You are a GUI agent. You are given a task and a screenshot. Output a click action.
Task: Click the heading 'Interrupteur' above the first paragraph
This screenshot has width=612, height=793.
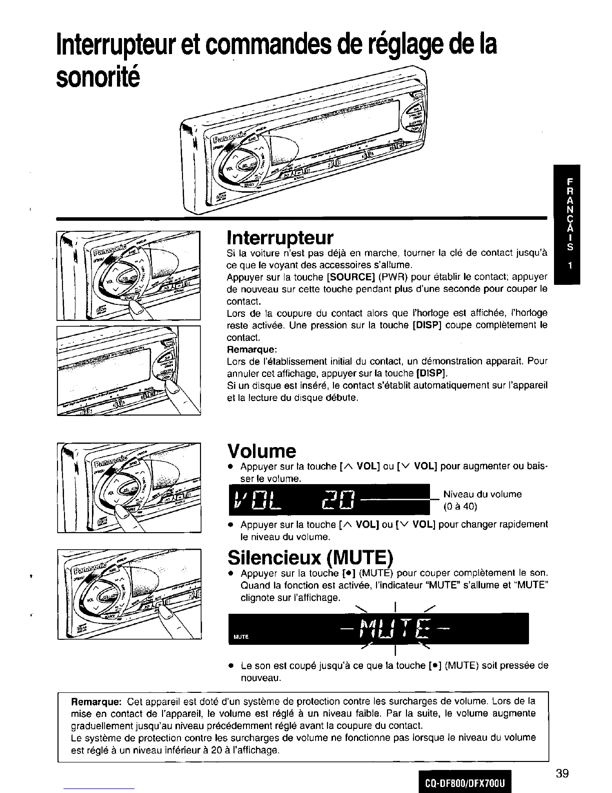coord(280,237)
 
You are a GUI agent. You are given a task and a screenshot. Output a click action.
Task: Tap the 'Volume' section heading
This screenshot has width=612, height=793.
coord(261,451)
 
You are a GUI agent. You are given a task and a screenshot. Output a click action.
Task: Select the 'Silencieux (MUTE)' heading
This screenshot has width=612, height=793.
coord(310,557)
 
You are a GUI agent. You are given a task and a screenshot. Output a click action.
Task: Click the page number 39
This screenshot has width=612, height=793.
coord(561,773)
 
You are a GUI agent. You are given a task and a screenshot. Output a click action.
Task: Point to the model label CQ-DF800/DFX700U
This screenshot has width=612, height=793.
coord(463,781)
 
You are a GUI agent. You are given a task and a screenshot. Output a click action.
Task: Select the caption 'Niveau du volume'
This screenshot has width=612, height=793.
coord(482,494)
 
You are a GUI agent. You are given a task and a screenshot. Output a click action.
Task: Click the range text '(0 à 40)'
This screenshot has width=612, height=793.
coord(460,506)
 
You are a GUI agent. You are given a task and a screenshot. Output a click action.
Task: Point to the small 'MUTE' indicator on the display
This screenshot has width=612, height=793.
coord(241,636)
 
